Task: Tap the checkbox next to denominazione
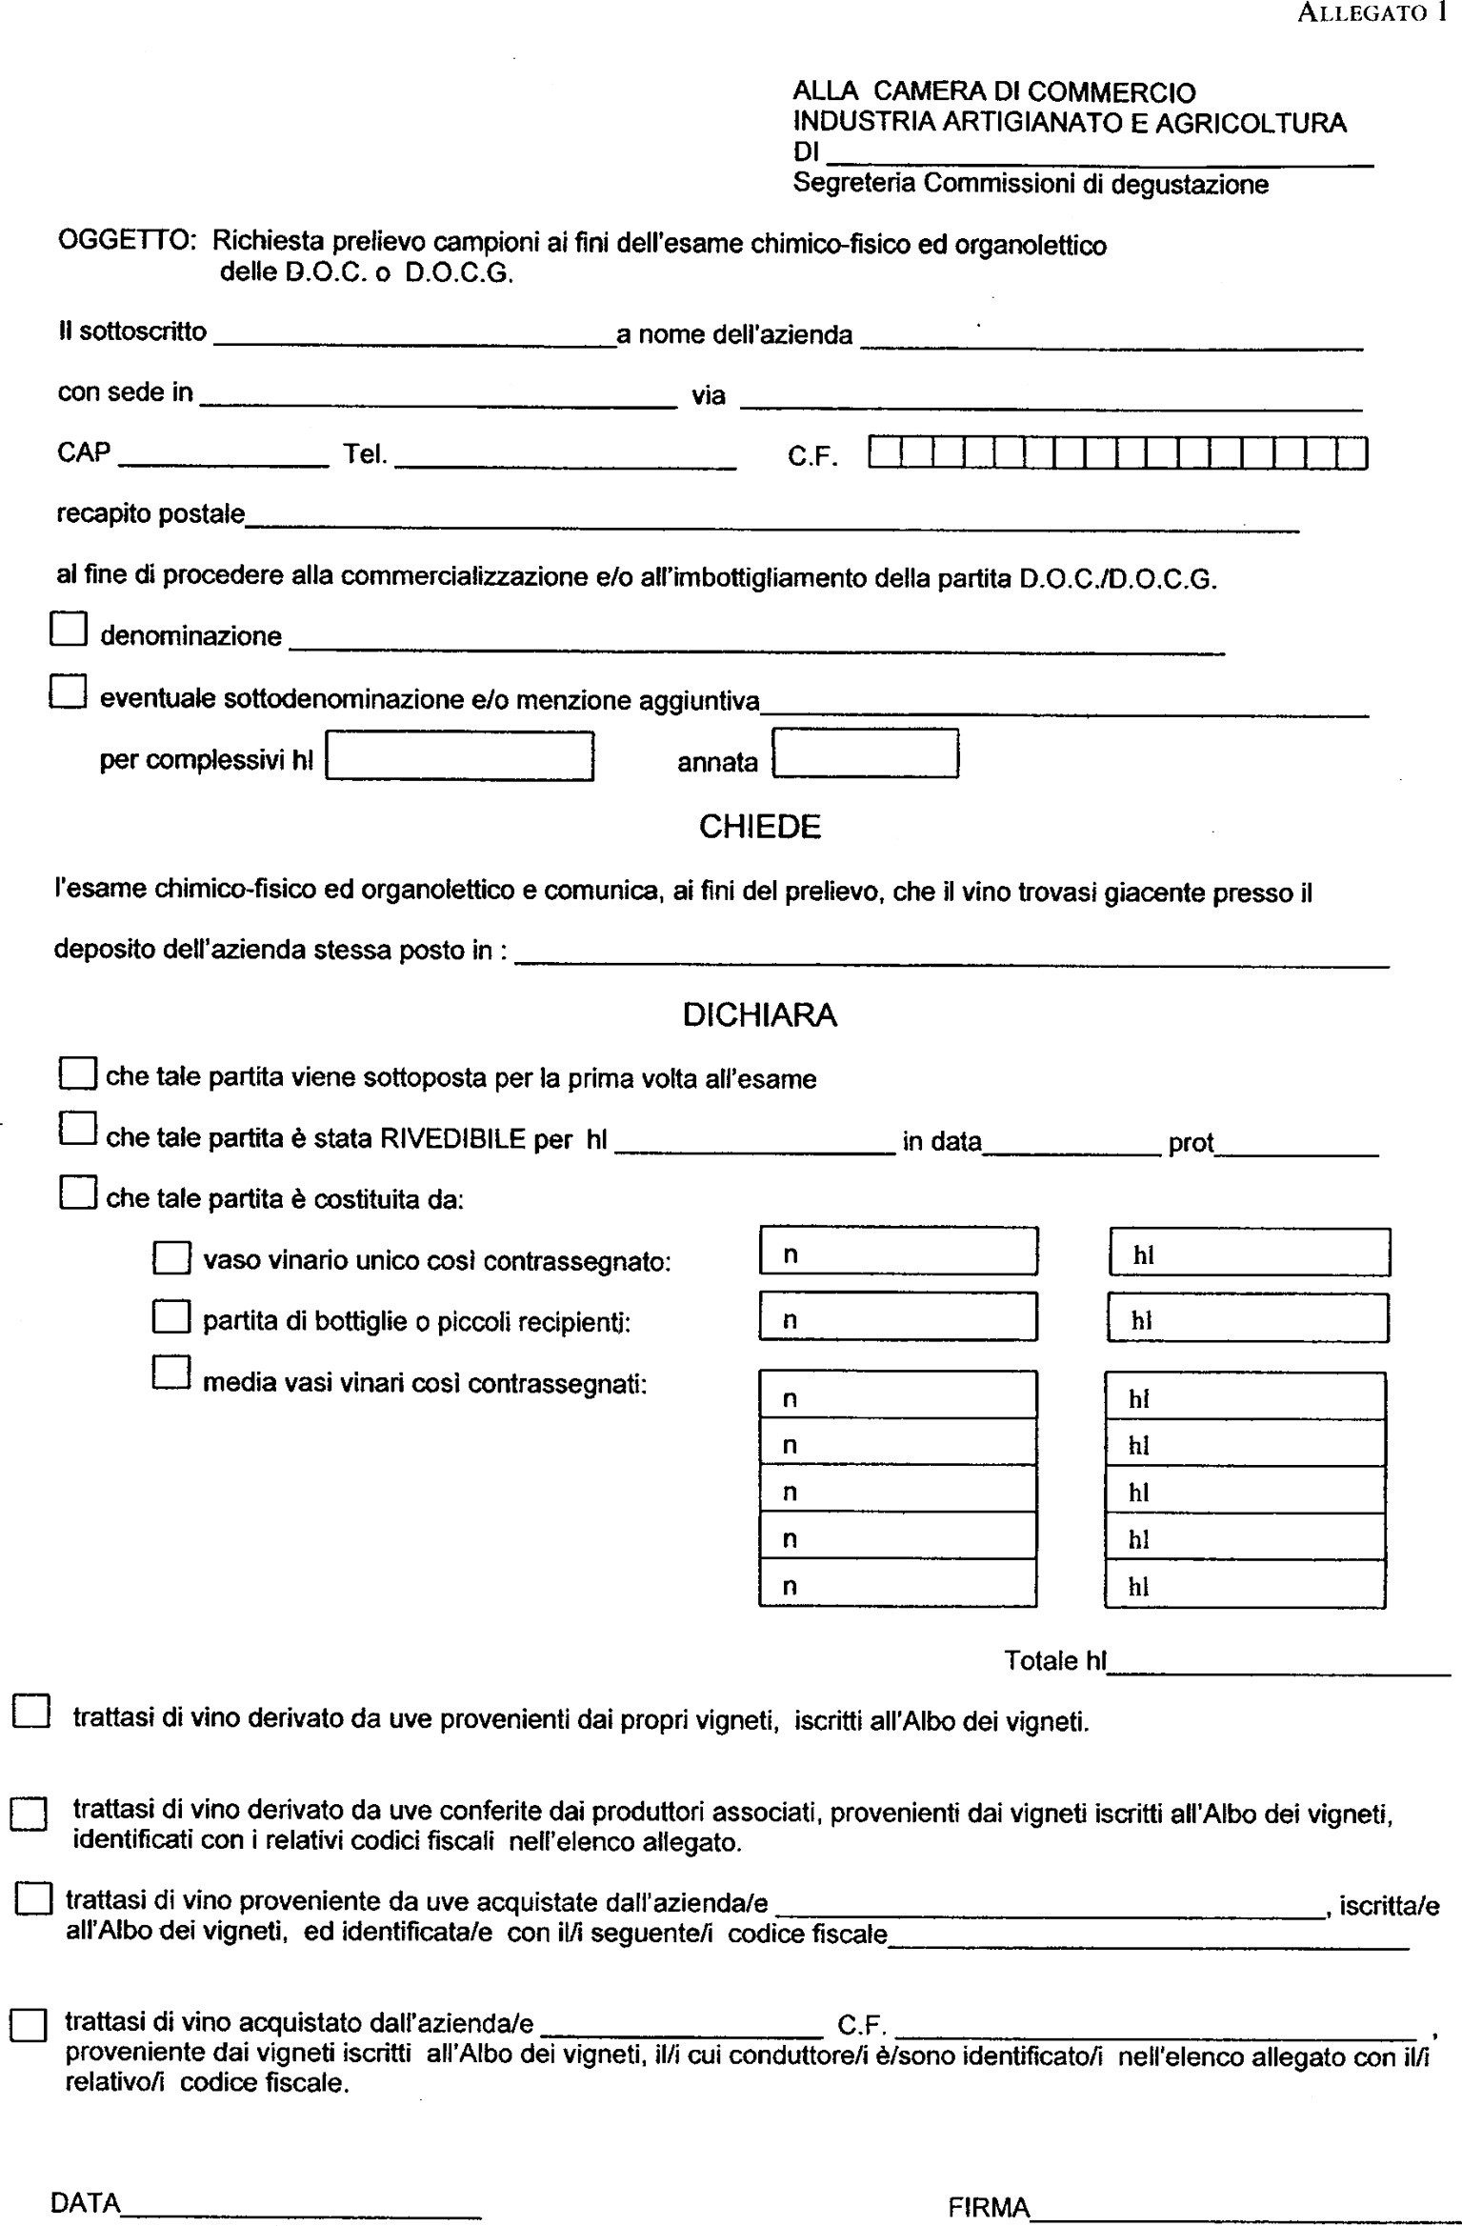tap(69, 630)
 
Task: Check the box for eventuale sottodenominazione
tap(68, 692)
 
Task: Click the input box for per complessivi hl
tap(459, 756)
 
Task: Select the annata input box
tap(865, 753)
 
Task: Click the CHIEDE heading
tap(759, 827)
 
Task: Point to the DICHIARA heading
tap(759, 1015)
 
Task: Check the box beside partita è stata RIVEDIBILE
tap(77, 1130)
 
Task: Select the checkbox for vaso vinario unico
tap(171, 1257)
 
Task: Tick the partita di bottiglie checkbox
tap(171, 1317)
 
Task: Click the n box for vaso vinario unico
tap(898, 1252)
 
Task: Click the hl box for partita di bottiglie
tap(1247, 1317)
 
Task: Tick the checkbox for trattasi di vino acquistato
tap(28, 2026)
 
